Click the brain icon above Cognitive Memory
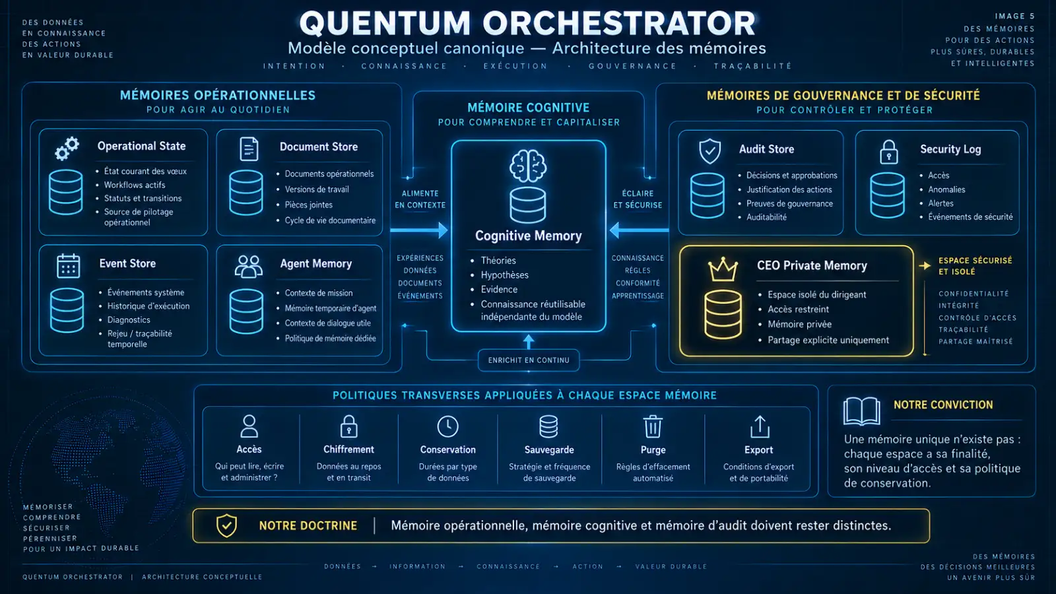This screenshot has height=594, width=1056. [528, 166]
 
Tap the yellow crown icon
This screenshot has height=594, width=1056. [723, 269]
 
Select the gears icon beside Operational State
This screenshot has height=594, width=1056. [67, 148]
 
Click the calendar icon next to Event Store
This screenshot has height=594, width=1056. [69, 265]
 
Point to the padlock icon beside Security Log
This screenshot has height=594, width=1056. [888, 152]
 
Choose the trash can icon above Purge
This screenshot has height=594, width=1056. [653, 426]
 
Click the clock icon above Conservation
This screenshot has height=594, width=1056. [448, 426]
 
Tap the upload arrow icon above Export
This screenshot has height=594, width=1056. [760, 426]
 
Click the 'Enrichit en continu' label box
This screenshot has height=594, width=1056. [529, 360]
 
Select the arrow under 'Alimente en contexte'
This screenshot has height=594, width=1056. [419, 230]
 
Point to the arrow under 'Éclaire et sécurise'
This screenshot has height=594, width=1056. [639, 230]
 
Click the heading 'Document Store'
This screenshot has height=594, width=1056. [319, 147]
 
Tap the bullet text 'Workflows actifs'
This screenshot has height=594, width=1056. [135, 185]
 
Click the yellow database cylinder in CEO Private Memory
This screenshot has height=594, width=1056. [723, 314]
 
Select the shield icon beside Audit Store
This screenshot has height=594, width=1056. [710, 151]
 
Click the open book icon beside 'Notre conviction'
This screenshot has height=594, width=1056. [862, 411]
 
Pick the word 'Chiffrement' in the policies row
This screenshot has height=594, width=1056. [349, 449]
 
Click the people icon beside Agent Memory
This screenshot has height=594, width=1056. [248, 267]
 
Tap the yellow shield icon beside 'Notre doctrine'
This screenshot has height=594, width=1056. [226, 525]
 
